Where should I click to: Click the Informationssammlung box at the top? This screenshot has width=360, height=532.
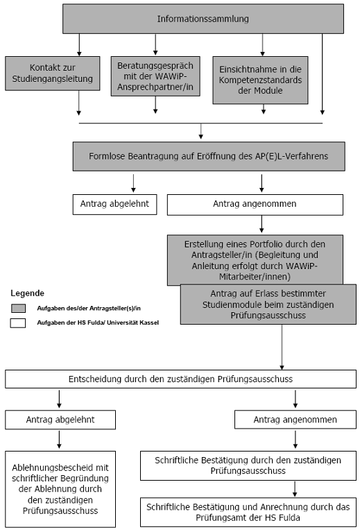pos(203,19)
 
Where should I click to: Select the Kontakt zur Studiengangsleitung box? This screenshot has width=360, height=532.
pos(53,74)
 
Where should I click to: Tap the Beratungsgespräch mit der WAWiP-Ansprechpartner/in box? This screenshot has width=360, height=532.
pos(155,76)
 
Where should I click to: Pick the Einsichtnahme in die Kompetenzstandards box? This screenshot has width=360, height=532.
pos(260,80)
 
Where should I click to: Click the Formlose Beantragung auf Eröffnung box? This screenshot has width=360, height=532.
pos(209,157)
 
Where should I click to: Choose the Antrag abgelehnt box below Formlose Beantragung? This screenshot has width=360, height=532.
pos(114,204)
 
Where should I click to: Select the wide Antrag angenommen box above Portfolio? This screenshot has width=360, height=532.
pos(255,205)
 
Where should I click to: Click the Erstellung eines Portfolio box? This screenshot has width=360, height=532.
pos(255,259)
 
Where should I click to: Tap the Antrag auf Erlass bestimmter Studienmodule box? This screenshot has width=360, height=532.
pos(268,304)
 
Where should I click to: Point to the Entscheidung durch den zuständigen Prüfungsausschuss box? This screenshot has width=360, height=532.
pos(180,379)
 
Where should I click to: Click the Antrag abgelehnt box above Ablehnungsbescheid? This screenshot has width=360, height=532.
pos(60,420)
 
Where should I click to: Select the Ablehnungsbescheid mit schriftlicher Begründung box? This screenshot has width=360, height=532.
pos(60,489)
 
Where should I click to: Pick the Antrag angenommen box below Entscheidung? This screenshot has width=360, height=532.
pos(295,420)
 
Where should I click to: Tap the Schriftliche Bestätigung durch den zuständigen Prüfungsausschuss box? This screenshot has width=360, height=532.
pos(248,465)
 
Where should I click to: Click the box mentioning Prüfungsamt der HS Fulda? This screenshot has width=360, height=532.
pos(248,513)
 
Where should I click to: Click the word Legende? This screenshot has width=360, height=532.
pos(28,293)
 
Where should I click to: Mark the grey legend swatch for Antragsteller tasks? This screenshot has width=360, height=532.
pos(18,308)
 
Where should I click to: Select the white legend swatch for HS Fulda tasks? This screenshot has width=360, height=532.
pos(18,323)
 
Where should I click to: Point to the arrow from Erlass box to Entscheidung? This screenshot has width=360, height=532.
pos(282,347)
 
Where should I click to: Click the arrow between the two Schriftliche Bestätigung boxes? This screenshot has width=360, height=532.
pos(295,489)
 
